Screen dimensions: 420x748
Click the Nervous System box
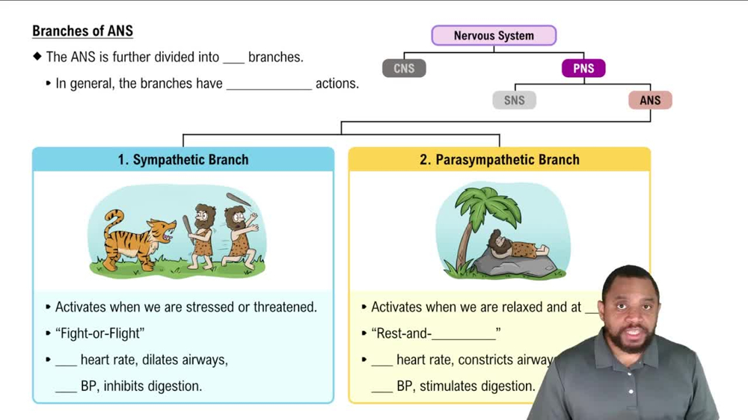pyautogui.click(x=494, y=36)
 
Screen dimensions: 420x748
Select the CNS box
pyautogui.click(x=404, y=68)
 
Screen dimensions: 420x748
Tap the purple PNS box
pyautogui.click(x=583, y=68)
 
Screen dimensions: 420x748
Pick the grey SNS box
pyautogui.click(x=514, y=100)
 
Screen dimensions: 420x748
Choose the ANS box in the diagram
pyautogui.click(x=650, y=100)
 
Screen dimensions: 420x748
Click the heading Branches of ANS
pyautogui.click(x=82, y=31)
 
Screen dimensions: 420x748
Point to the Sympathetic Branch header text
pyautogui.click(x=183, y=160)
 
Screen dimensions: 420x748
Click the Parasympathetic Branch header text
pyautogui.click(x=500, y=160)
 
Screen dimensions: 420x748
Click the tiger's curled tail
pyautogui.click(x=113, y=221)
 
